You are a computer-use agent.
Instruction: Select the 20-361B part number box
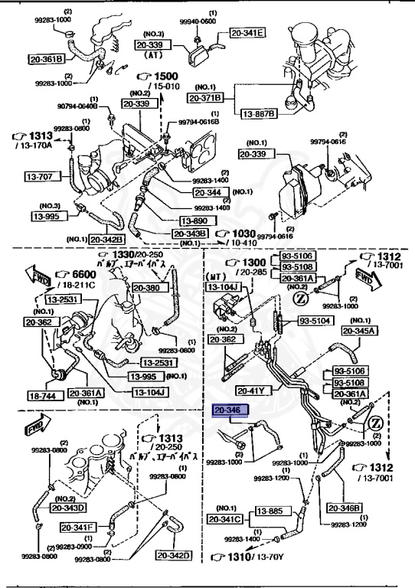(47, 57)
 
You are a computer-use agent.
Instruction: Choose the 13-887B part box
(259, 113)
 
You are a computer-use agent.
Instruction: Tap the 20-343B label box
(191, 234)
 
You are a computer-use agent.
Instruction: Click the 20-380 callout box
(149, 288)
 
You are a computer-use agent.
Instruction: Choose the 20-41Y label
(252, 389)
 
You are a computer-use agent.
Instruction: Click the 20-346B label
(345, 507)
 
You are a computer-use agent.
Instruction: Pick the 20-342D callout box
(174, 554)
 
